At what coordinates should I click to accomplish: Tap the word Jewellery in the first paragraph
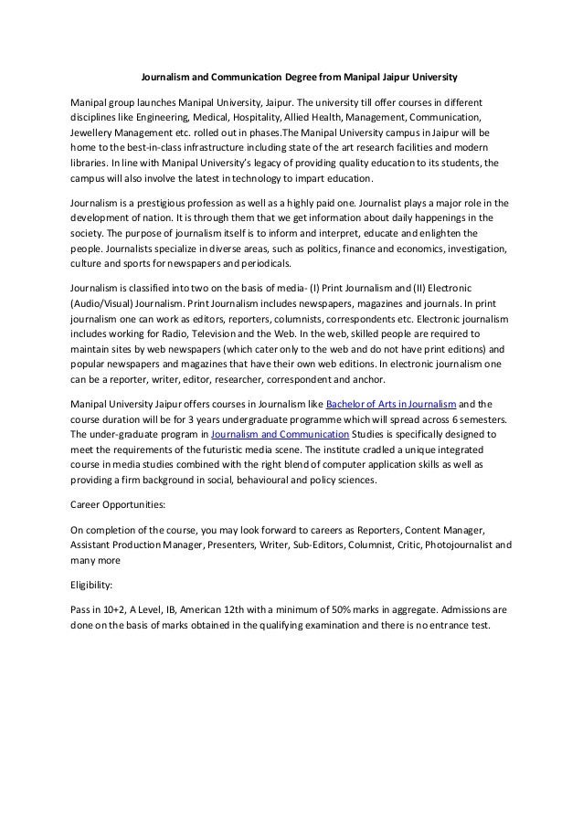(x=94, y=132)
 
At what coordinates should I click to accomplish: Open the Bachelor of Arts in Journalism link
(x=390, y=402)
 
